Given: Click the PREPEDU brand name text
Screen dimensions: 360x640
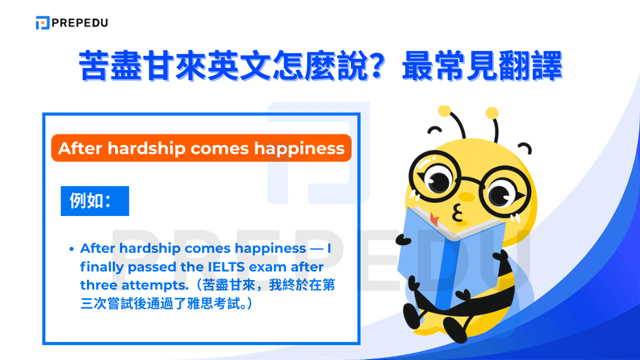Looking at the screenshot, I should pyautogui.click(x=81, y=23).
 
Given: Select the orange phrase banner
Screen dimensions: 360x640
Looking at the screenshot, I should pyautogui.click(x=201, y=148).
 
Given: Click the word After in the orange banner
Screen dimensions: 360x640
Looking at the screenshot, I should pyautogui.click(x=80, y=148).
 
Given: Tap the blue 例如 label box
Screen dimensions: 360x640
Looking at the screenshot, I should pyautogui.click(x=95, y=201).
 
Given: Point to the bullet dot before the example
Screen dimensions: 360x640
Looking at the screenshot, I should pyautogui.click(x=71, y=249).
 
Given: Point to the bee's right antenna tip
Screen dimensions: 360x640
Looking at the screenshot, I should pyautogui.click(x=492, y=113).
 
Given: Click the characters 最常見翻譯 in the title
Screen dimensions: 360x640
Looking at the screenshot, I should pyautogui.click(x=482, y=66).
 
